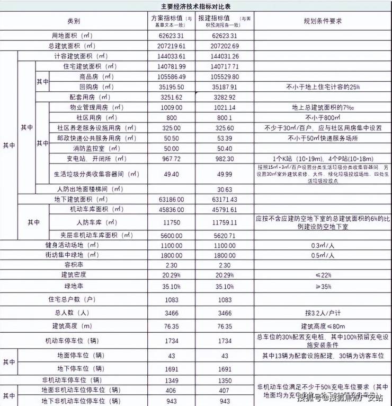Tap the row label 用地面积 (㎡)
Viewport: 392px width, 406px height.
tap(77, 36)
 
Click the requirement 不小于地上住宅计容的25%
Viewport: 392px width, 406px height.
tap(322, 87)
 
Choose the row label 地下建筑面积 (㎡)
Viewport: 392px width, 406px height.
tap(85, 199)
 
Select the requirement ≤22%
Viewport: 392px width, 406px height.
tap(322, 274)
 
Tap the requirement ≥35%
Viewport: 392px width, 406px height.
tap(322, 287)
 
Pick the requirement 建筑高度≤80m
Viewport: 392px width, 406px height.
tap(322, 325)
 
